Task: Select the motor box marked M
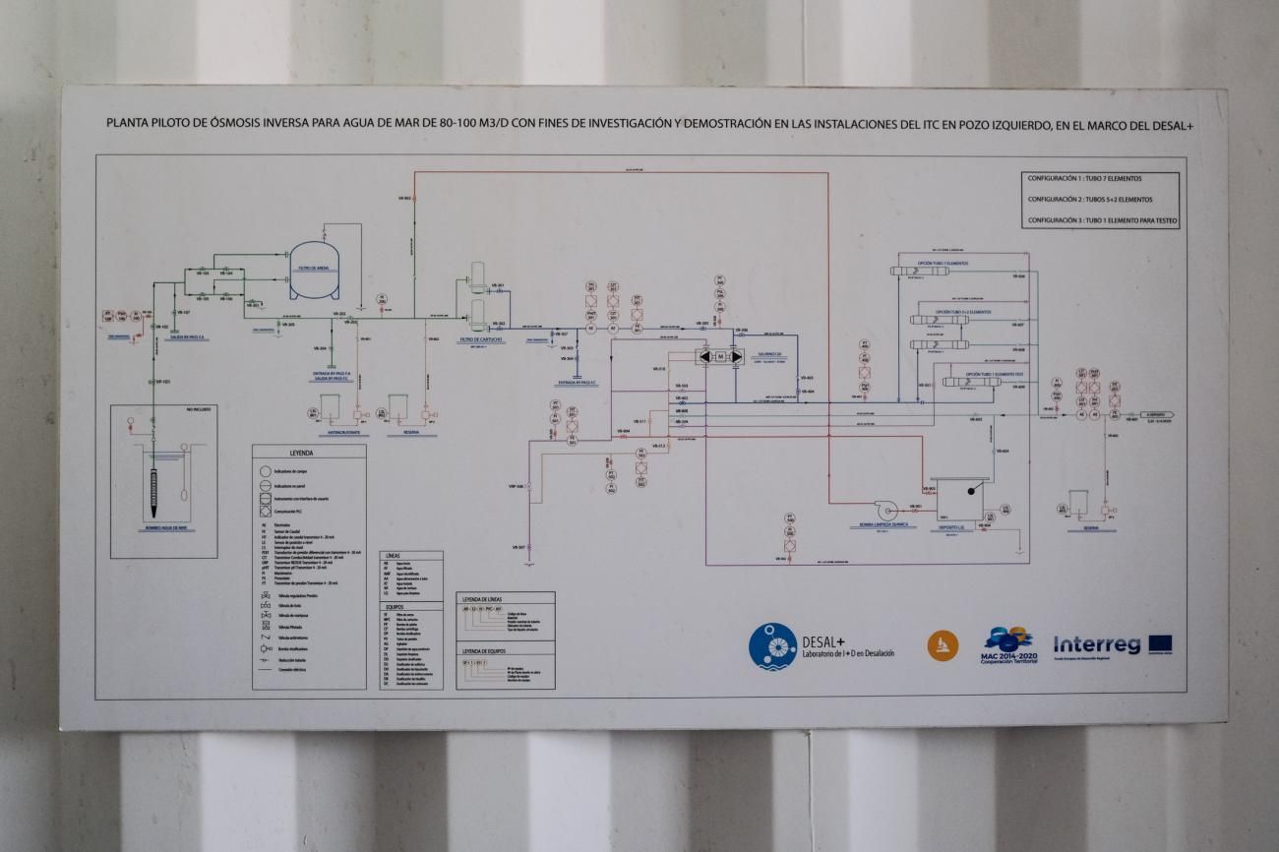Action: pyautogui.click(x=719, y=355)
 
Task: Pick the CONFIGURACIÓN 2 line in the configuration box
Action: pyautogui.click(x=1089, y=200)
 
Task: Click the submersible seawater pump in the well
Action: pyautogui.click(x=153, y=492)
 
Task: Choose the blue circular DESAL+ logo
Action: pyautogui.click(x=772, y=646)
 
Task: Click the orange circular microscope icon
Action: pyautogui.click(x=942, y=645)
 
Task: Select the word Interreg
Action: pyautogui.click(x=1096, y=645)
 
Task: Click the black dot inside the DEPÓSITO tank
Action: pyautogui.click(x=971, y=490)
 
